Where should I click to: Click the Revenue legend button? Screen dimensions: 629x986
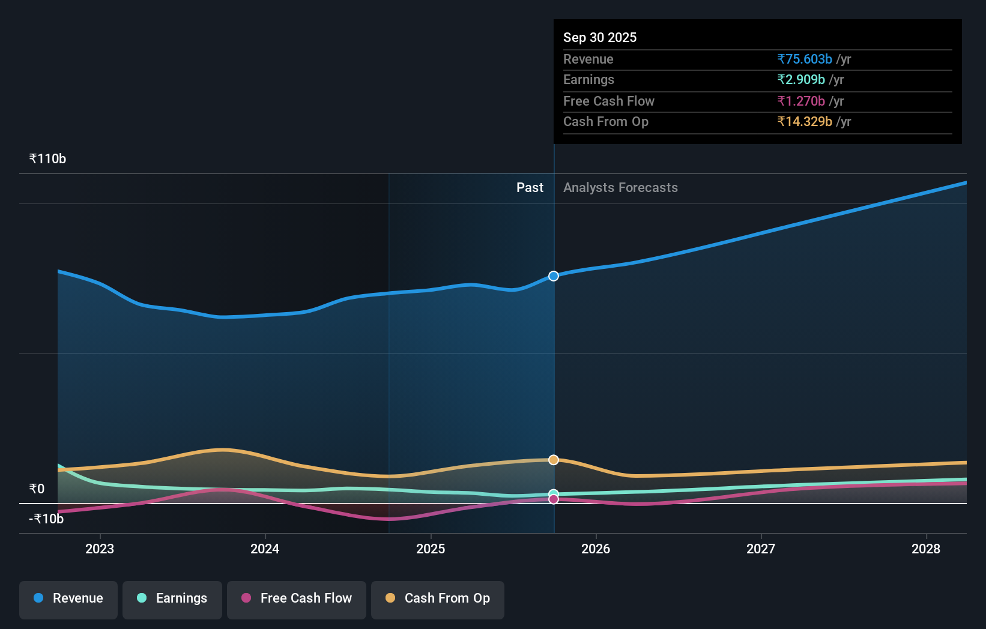[68, 598]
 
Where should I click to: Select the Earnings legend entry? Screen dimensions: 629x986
[172, 598]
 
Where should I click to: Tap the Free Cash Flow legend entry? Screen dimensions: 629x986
[297, 598]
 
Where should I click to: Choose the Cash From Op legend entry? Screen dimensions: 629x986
[438, 598]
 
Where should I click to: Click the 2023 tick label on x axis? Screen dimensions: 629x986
[100, 549]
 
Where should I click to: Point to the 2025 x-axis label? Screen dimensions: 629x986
[431, 549]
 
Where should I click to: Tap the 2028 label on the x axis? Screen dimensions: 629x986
[926, 549]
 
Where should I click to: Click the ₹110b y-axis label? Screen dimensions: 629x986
[47, 159]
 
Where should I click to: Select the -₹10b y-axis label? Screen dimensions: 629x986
[46, 519]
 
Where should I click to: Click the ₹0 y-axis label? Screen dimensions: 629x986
[37, 489]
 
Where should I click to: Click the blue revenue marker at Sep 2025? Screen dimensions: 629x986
[554, 276]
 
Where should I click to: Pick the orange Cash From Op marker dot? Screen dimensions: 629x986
[554, 460]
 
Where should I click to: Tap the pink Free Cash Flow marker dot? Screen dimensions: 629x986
[554, 499]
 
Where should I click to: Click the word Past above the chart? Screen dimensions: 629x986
[530, 188]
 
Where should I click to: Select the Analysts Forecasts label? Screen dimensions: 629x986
[620, 188]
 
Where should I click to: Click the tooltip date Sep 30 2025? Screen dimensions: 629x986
[600, 38]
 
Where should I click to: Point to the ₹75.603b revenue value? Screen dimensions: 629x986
[805, 59]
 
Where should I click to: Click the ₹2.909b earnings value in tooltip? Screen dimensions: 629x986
[801, 80]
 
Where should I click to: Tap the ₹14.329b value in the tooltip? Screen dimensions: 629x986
[805, 122]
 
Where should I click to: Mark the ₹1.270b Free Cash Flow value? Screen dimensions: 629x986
[801, 101]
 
